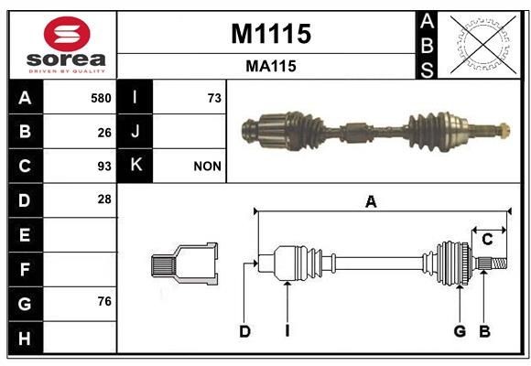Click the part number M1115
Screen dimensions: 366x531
coord(270,34)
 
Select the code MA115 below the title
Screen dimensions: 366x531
coord(270,66)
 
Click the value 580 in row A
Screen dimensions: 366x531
coord(101,98)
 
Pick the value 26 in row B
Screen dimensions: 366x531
coord(104,133)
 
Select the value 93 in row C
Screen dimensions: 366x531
coord(104,167)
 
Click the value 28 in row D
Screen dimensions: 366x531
coord(104,199)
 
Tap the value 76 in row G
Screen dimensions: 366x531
coord(104,302)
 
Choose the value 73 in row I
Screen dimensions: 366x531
coord(214,98)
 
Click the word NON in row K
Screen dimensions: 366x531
coord(207,167)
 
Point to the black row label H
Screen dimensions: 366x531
coord(25,338)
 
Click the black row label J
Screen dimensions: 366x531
coord(135,132)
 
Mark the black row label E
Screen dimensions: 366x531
coord(25,235)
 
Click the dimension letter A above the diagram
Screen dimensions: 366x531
coord(371,202)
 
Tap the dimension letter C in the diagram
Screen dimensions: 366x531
coord(487,240)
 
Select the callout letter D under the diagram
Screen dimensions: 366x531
coord(244,331)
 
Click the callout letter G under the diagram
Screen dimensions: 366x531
coord(460,331)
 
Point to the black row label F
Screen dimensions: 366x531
coord(25,270)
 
